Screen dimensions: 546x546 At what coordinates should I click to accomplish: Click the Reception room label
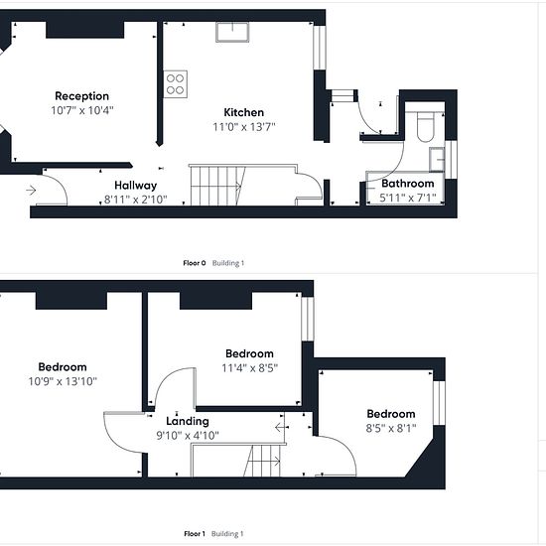(81, 96)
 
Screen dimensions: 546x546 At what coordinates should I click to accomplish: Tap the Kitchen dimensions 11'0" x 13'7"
(244, 127)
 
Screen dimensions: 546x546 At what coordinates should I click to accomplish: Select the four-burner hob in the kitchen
(175, 84)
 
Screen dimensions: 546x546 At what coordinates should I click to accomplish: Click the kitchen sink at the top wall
(232, 32)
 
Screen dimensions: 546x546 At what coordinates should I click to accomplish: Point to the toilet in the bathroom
(425, 127)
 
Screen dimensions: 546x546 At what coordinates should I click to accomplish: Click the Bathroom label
(408, 184)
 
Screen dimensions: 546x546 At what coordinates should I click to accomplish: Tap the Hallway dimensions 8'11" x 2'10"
(136, 200)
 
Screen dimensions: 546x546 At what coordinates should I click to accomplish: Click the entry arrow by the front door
(31, 191)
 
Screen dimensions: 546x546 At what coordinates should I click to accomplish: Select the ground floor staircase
(217, 186)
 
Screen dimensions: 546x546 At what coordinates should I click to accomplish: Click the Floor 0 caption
(195, 263)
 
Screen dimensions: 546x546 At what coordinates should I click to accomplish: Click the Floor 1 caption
(195, 533)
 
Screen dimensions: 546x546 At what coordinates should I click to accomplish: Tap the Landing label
(188, 421)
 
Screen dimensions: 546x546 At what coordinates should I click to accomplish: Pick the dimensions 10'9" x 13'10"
(63, 381)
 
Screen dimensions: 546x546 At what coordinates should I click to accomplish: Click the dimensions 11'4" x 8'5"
(250, 368)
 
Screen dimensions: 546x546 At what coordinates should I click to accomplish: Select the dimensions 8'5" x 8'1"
(391, 428)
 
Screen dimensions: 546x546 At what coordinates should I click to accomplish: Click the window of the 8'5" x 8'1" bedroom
(439, 403)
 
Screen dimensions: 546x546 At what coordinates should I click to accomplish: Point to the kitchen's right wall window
(320, 48)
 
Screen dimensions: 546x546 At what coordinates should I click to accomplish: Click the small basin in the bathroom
(437, 160)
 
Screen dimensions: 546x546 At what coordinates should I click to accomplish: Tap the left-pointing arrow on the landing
(280, 427)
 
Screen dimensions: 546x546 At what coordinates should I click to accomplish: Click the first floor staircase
(262, 461)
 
